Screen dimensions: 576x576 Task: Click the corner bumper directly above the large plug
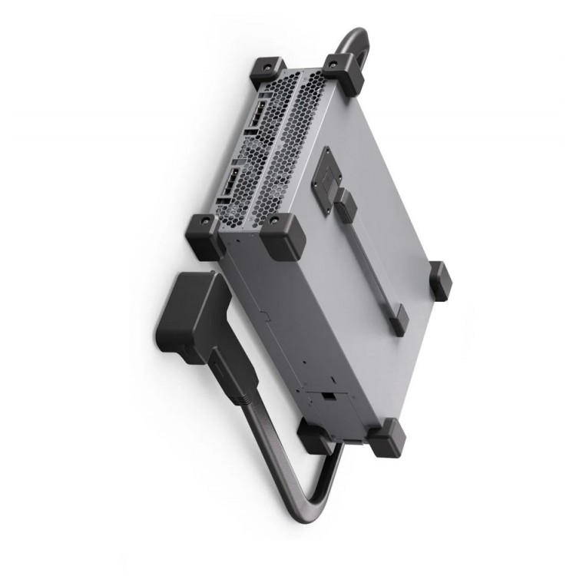(205, 236)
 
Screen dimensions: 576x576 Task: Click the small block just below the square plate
(346, 206)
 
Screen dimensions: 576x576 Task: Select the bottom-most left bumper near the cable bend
(315, 435)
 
